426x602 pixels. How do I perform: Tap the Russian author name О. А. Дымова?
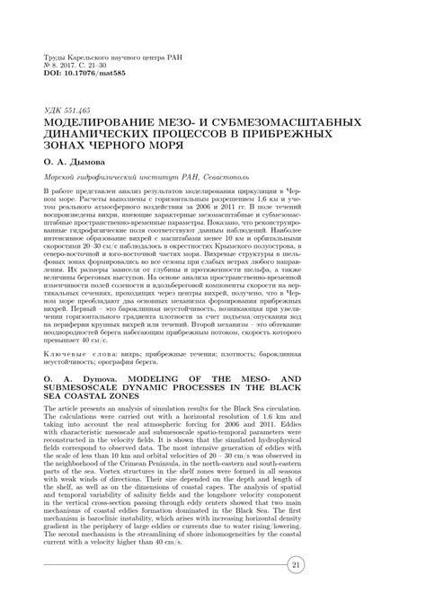point(70,160)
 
